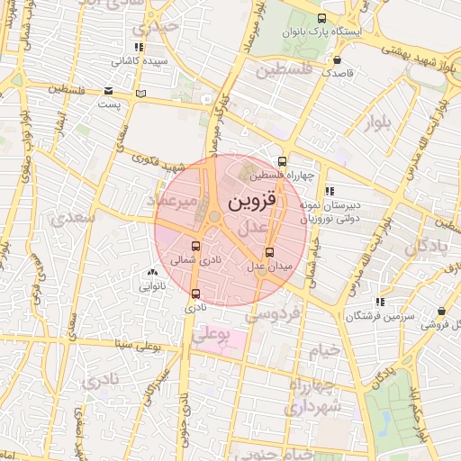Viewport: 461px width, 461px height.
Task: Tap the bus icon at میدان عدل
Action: [269, 251]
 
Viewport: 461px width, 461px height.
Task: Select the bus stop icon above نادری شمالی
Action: [196, 246]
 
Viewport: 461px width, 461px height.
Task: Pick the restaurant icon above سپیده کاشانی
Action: [138, 47]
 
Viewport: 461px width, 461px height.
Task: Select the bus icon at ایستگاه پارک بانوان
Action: [322, 18]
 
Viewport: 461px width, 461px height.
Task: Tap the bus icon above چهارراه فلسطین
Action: [282, 162]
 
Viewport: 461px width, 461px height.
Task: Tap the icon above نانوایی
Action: [151, 273]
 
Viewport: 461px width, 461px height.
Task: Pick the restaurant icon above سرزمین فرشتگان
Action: [380, 302]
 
